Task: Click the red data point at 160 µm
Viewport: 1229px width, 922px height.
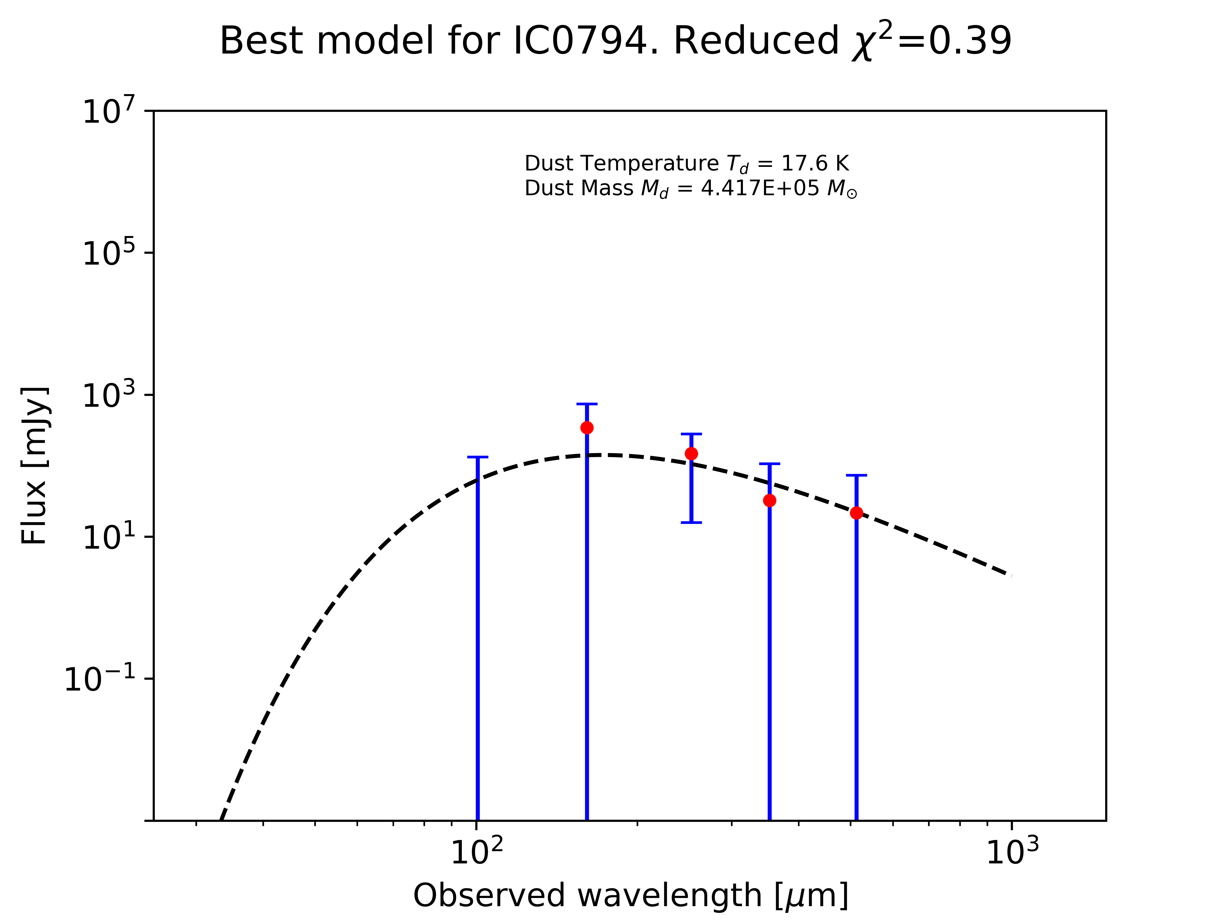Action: [x=587, y=428]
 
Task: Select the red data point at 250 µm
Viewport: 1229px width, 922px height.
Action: [x=691, y=454]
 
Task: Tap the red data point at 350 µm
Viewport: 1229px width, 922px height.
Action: [x=770, y=501]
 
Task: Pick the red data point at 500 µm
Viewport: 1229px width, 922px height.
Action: [x=856, y=513]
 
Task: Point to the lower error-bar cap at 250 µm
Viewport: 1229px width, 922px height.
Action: [x=691, y=522]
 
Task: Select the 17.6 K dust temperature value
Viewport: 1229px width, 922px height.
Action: [x=815, y=164]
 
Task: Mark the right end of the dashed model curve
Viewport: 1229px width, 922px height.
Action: [x=1010, y=575]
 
